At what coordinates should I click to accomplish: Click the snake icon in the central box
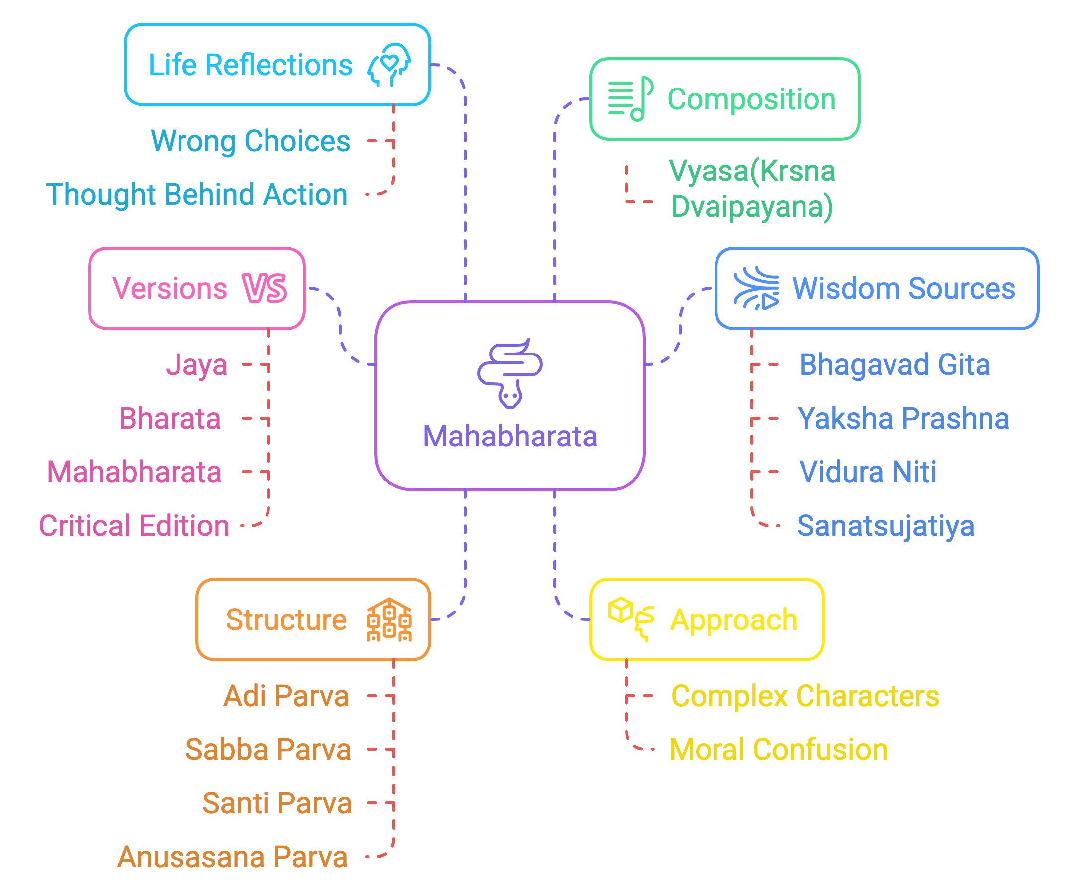coord(510,372)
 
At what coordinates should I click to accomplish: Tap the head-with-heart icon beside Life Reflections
coord(389,65)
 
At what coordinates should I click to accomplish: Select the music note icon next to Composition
coord(631,98)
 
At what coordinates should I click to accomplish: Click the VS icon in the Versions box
coord(265,288)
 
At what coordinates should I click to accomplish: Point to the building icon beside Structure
coord(389,620)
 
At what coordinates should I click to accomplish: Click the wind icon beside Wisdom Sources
coord(756,288)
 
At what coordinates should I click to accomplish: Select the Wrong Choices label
coord(250,141)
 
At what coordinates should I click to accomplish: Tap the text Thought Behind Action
coord(197,194)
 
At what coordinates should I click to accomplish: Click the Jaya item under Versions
coord(196,365)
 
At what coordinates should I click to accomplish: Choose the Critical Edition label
coord(134,526)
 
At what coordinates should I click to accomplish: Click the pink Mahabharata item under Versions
coord(134,472)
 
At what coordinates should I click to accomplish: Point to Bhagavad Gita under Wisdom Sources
coord(895,365)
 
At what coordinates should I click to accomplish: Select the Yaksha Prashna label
coord(903,419)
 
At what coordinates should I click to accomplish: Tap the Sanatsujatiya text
coord(885,526)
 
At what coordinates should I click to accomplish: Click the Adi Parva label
coord(286,696)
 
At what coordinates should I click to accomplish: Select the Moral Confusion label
coord(779,749)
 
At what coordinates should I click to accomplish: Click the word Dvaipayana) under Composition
coord(752,207)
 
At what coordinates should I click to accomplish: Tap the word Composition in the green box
coord(751,99)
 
